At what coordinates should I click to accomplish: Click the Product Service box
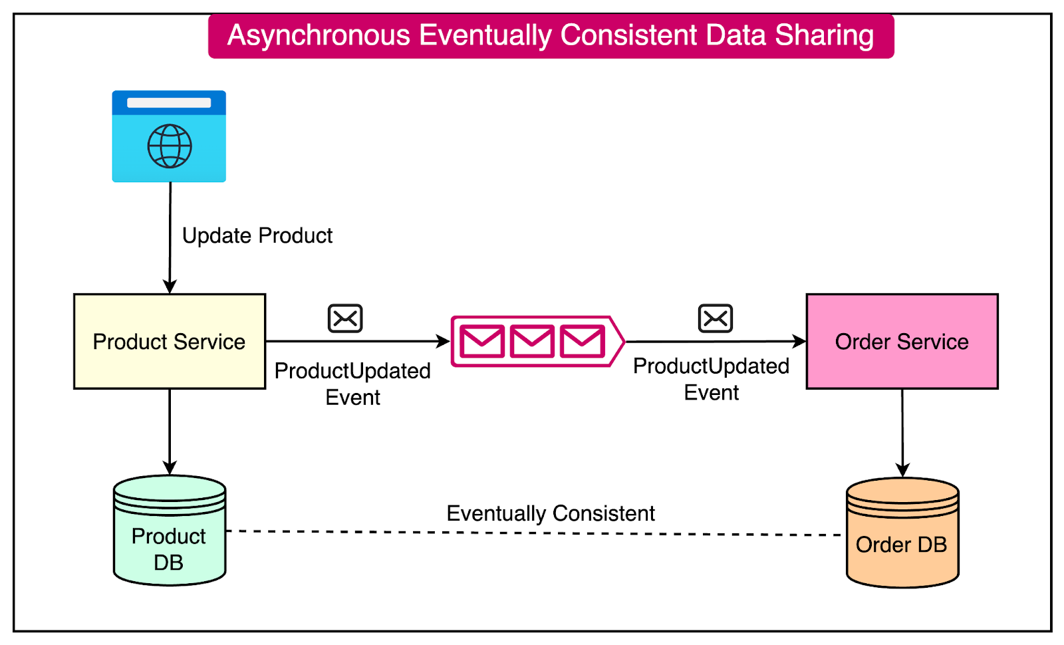pos(170,341)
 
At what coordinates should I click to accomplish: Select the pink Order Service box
pos(902,341)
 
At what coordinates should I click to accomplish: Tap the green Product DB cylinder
pos(170,532)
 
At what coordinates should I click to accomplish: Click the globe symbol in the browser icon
pos(170,146)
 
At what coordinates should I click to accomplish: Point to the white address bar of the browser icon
pos(169,103)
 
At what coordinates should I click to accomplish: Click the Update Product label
pos(257,235)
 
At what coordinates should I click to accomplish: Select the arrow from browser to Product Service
pos(170,239)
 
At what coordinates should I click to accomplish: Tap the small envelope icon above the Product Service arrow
pos(345,319)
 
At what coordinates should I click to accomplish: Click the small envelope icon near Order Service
pos(716,319)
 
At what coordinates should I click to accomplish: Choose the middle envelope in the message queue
pos(532,342)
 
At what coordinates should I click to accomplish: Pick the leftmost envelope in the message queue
pos(482,342)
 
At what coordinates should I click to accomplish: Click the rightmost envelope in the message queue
pos(582,342)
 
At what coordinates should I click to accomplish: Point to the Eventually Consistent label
pos(551,513)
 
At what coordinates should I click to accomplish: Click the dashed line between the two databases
pos(532,533)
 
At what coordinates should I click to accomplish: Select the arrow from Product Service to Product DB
pos(170,432)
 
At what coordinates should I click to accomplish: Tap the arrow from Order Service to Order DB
pos(902,432)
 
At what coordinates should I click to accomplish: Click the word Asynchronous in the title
pos(319,35)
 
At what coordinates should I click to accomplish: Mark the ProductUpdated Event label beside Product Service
pos(352,384)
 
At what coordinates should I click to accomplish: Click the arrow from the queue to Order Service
pos(715,342)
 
